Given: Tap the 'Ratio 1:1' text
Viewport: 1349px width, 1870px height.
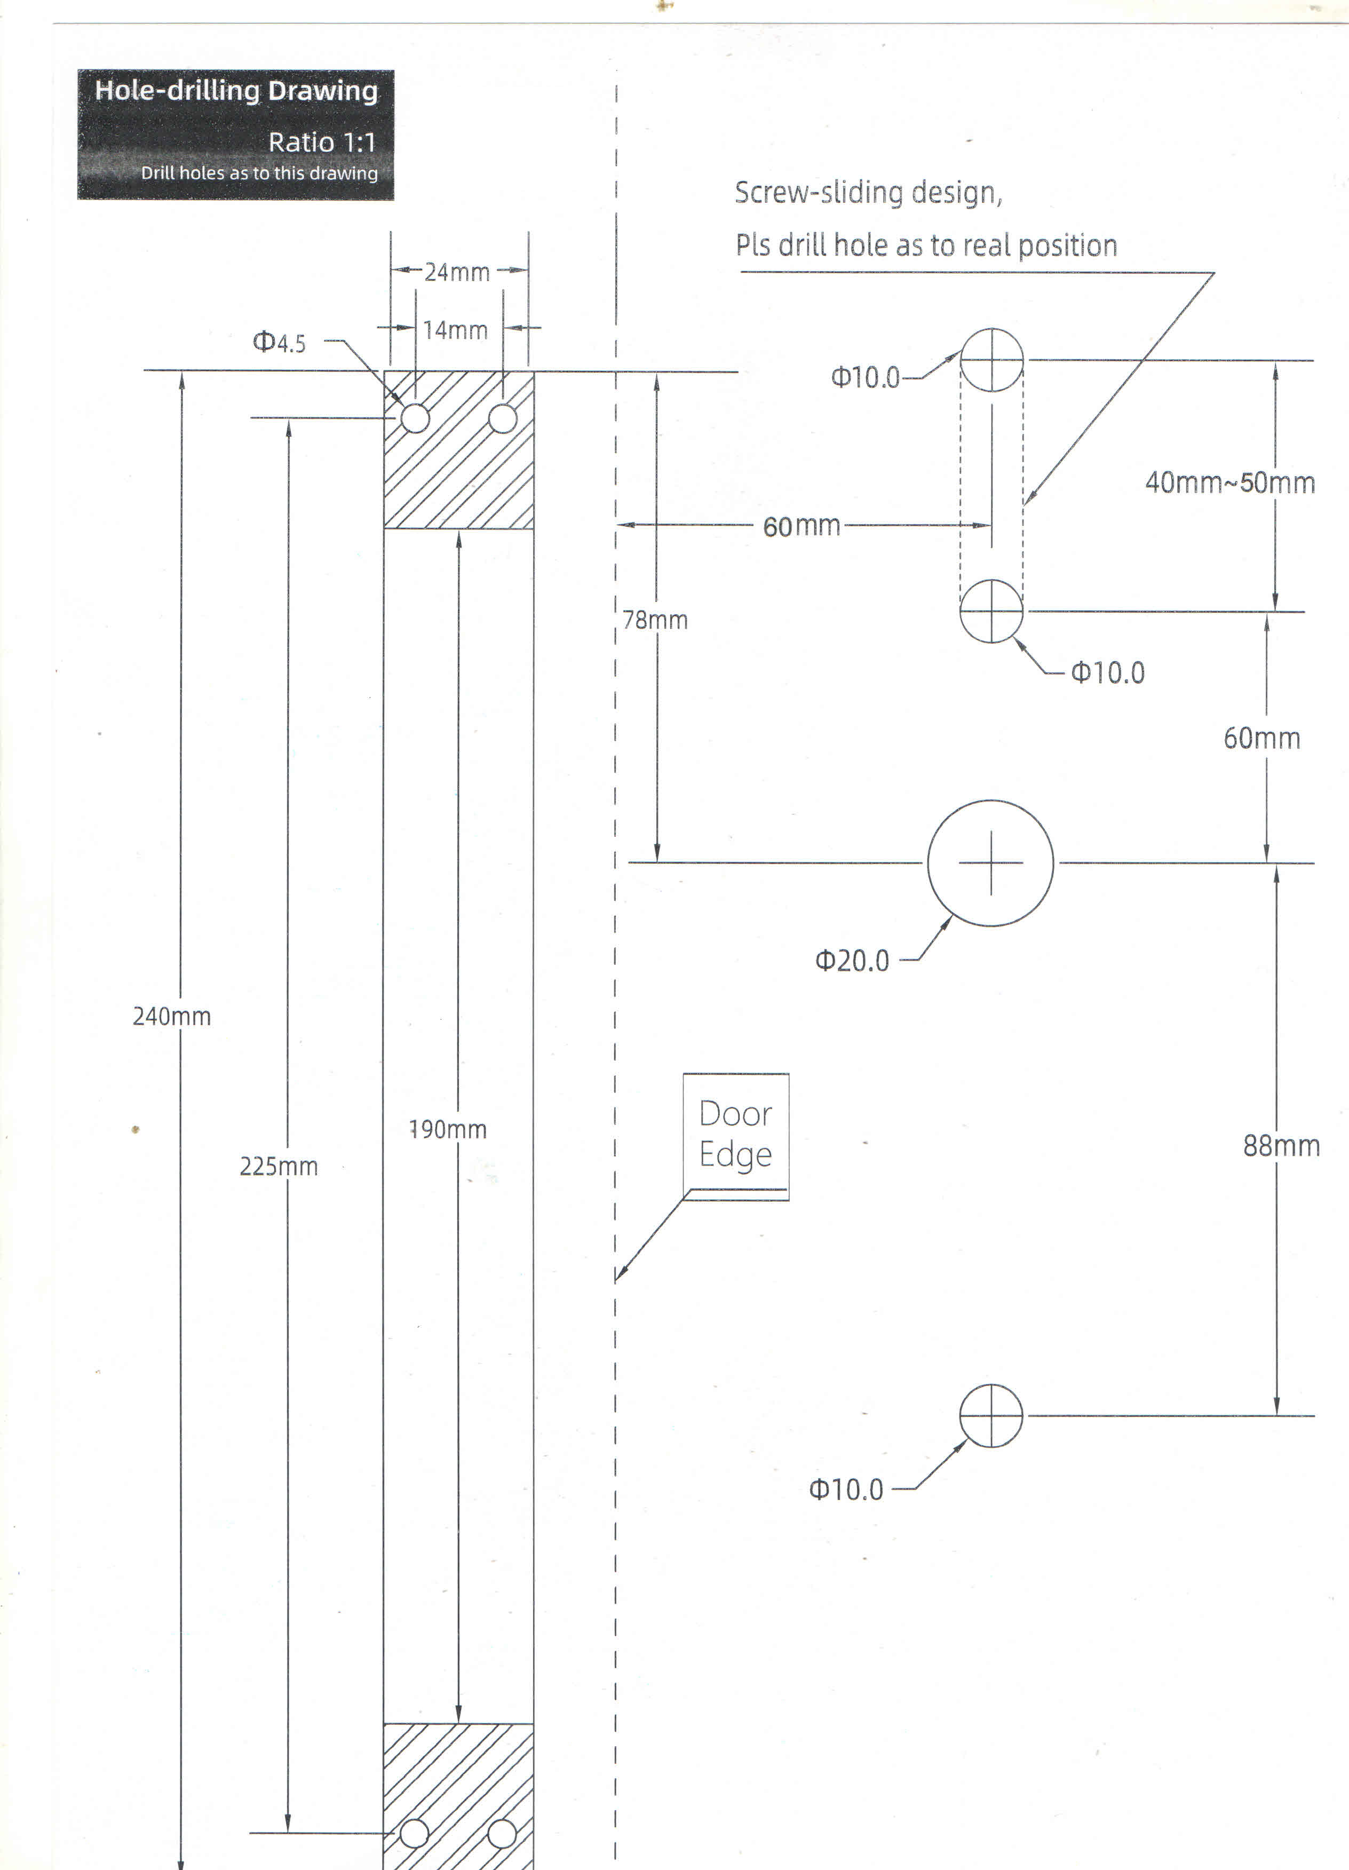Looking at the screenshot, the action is coord(322,142).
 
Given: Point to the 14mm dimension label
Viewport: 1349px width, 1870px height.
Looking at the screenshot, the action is coord(455,331).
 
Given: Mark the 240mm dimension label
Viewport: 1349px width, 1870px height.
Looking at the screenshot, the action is coord(171,1017).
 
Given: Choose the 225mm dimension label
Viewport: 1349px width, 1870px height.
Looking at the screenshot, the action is coord(279,1167).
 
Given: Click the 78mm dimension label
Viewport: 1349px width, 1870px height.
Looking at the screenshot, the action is coord(655,620).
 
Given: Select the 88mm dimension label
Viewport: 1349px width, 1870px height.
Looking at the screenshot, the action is coord(1281,1146).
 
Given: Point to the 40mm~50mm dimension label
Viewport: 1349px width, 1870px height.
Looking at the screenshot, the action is coord(1230,483).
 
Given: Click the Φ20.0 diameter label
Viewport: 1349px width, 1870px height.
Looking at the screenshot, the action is coord(853,961).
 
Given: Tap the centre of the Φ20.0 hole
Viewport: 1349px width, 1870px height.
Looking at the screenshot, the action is coord(990,863).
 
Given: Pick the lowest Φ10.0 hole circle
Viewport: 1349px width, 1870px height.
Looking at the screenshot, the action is coord(991,1416).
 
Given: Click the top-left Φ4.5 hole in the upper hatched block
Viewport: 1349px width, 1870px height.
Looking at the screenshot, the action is coord(416,418).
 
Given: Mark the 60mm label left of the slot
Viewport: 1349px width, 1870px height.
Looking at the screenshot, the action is coord(802,526).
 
